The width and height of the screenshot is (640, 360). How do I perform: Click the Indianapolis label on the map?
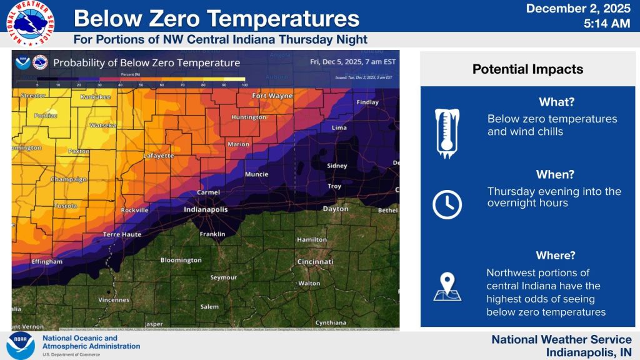click(206, 210)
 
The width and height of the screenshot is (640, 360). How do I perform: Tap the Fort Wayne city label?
click(272, 96)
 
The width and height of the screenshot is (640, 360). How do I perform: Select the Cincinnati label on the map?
click(315, 261)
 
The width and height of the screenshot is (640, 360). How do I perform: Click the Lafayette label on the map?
click(159, 156)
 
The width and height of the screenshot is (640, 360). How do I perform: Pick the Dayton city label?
click(335, 209)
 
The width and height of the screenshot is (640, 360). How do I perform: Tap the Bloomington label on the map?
click(181, 260)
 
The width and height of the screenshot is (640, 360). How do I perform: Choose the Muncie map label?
click(256, 174)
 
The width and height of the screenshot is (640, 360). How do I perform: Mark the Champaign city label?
click(69, 179)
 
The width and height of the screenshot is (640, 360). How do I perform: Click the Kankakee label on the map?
click(95, 97)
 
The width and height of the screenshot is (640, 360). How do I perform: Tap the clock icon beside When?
click(447, 204)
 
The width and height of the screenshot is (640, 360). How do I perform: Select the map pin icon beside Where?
click(447, 287)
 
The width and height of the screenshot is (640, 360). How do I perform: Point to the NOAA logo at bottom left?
click(21, 346)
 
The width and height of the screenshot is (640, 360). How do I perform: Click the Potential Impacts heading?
click(527, 69)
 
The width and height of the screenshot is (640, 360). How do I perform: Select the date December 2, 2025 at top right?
click(577, 9)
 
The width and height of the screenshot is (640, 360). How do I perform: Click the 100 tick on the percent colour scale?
click(244, 84)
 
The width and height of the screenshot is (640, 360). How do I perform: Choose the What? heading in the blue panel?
click(556, 102)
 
